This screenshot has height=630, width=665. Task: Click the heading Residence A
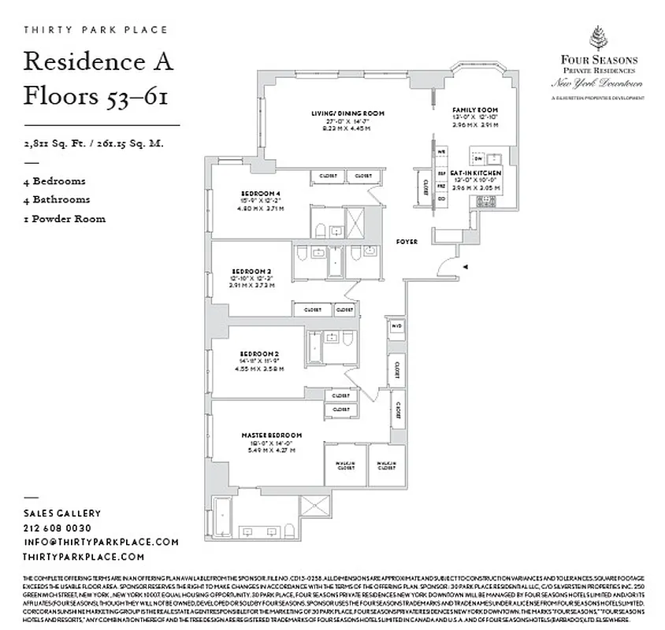[x=98, y=61]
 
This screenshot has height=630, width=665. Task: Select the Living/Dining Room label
[x=347, y=113]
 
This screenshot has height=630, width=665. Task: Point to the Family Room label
[x=475, y=109]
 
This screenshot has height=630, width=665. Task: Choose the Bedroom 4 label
[x=261, y=193]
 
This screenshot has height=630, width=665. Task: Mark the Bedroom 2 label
[x=261, y=354]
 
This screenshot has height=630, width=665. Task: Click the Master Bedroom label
[x=272, y=435]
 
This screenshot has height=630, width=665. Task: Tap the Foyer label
[x=407, y=242]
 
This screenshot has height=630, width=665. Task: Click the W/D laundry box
[x=397, y=325]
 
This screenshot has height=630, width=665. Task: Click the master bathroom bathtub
[x=222, y=514]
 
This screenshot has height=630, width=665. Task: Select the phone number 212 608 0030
[x=58, y=528]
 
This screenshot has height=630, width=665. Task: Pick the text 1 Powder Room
[x=64, y=219]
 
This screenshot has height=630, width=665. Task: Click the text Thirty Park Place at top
[x=96, y=30]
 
